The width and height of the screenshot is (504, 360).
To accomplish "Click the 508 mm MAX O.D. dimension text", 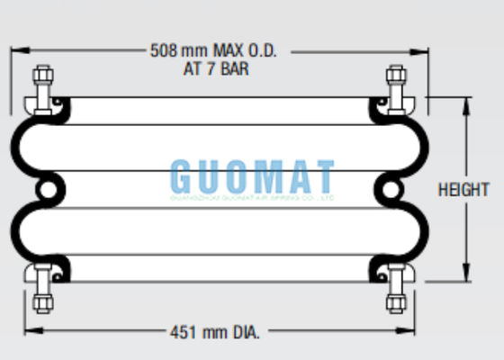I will coord(212,50).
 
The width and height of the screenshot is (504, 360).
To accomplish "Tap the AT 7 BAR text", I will coord(212,67).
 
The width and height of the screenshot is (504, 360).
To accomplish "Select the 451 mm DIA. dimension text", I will coord(215,332).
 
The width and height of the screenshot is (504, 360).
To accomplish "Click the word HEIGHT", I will coord(463,190).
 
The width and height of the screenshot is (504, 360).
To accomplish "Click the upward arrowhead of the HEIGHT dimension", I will coord(466,103).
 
